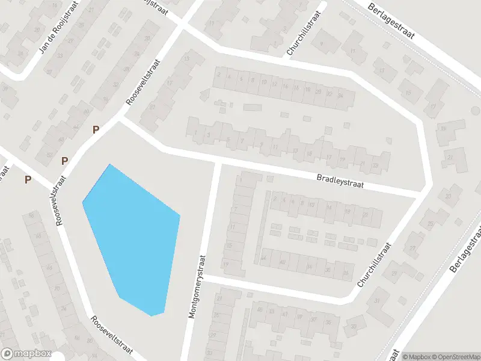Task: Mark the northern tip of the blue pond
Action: coord(109,164)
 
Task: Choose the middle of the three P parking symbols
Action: coord(64,161)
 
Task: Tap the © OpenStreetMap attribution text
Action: coord(455,356)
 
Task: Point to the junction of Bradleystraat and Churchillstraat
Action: coord(423,193)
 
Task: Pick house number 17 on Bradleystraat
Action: coord(329,158)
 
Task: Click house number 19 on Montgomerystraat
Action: coord(226,264)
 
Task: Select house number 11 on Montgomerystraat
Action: coord(232,226)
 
